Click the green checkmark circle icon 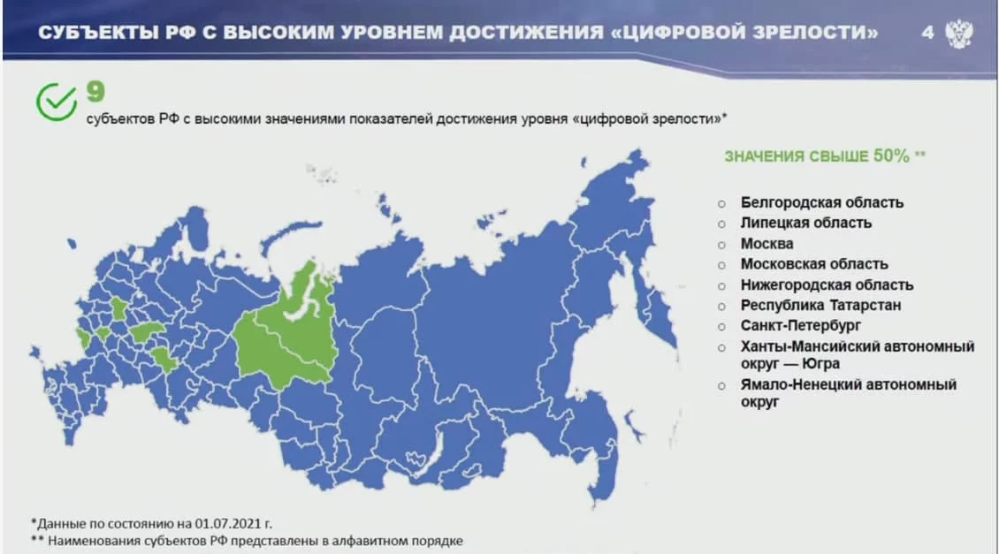(x=56, y=102)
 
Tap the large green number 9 (x=95, y=92)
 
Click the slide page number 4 (x=927, y=32)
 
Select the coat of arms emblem (x=959, y=33)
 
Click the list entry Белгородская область (x=822, y=202)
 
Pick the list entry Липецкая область (x=806, y=223)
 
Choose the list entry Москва (x=767, y=244)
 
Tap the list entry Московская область (x=814, y=264)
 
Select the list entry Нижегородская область (x=827, y=285)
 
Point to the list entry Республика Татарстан (x=820, y=305)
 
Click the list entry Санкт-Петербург (x=800, y=326)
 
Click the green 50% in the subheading (x=890, y=156)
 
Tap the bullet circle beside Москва (x=721, y=245)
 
